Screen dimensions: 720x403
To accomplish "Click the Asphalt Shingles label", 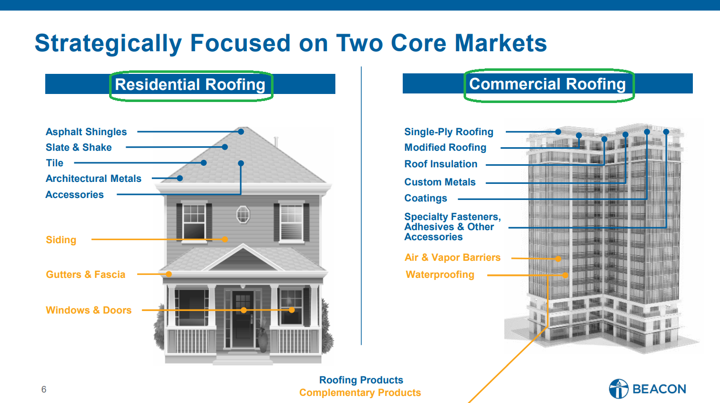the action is [x=86, y=132].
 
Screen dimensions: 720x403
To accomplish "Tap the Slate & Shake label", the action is [x=79, y=147].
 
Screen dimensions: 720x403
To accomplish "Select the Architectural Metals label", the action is [x=94, y=178].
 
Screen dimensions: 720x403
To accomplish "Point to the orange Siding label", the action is [x=61, y=240].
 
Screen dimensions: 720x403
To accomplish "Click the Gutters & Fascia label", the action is [x=85, y=274].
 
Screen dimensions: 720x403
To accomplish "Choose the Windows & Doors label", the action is [x=88, y=310].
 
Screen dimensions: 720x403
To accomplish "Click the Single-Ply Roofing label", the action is [x=448, y=132].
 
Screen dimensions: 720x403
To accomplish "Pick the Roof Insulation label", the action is [x=440, y=164].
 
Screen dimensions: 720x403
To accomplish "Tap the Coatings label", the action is [x=425, y=198].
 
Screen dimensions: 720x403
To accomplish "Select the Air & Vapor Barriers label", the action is [x=453, y=258].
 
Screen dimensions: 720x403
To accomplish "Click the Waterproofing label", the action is [x=440, y=274].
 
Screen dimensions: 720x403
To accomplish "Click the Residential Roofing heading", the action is [x=190, y=85].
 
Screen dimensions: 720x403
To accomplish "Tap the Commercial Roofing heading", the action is [x=548, y=84].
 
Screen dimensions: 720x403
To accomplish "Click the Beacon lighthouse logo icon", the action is [x=619, y=388].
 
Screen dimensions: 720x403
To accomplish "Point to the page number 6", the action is [x=44, y=389].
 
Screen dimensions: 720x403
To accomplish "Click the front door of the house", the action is [x=243, y=320].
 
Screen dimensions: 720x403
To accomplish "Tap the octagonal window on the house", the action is [x=243, y=215].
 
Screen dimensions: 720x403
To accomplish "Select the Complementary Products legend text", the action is [x=360, y=393].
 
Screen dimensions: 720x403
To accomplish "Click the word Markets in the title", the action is [x=501, y=43].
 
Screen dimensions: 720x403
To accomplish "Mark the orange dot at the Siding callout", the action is [x=225, y=239].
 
